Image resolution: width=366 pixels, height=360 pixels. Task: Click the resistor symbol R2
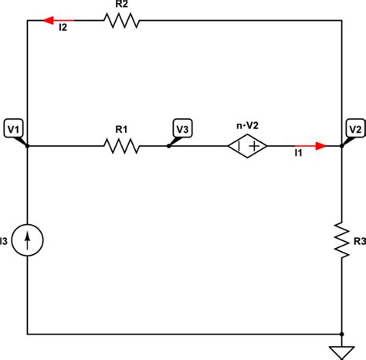point(121,21)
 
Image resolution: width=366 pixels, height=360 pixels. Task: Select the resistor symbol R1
point(121,145)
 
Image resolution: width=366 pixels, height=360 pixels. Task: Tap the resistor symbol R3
point(342,239)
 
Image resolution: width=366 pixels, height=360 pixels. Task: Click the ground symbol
point(342,352)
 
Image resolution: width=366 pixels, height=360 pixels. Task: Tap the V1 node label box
point(13,127)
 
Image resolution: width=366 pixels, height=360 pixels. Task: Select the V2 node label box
point(354,127)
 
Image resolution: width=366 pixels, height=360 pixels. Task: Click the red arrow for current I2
point(59,21)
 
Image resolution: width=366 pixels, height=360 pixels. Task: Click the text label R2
point(121,5)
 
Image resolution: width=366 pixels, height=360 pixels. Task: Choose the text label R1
point(121,129)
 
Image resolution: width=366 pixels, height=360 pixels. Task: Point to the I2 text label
point(63,31)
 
